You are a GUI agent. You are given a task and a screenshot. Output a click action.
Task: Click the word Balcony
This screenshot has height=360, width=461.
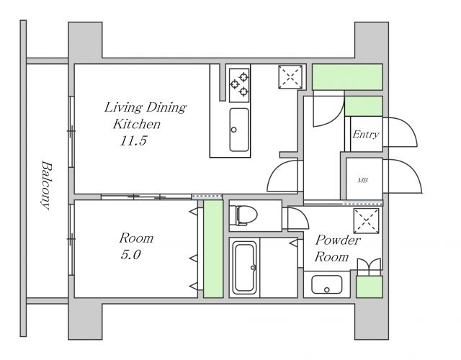pyautogui.click(x=46, y=185)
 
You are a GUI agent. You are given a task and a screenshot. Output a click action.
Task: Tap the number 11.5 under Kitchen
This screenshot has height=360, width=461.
pyautogui.click(x=133, y=141)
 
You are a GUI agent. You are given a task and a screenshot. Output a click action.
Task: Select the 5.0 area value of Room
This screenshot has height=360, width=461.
pyautogui.click(x=130, y=254)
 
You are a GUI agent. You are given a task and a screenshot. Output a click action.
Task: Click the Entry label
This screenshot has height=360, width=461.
pyautogui.click(x=365, y=135)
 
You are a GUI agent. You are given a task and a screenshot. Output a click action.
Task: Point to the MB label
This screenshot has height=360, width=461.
pyautogui.click(x=362, y=180)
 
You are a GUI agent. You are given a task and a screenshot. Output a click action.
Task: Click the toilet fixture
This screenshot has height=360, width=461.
pyautogui.click(x=243, y=215)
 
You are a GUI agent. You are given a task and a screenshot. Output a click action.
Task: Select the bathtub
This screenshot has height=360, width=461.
pyautogui.click(x=245, y=268)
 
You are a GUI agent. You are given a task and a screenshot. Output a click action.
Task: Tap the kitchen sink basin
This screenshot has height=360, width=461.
pyautogui.click(x=239, y=130)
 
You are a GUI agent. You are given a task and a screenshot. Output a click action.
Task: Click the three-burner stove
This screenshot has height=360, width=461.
pyautogui.click(x=239, y=85)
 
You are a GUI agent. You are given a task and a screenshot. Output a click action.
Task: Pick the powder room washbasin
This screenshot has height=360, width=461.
pyautogui.click(x=326, y=284)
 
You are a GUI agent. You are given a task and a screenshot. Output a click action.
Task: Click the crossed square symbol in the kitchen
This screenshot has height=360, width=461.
pyautogui.click(x=290, y=77)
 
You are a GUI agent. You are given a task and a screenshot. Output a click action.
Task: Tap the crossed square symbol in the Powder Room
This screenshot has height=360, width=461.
pyautogui.click(x=366, y=221)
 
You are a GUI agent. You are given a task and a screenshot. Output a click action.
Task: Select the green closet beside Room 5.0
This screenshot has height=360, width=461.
pyautogui.click(x=213, y=248)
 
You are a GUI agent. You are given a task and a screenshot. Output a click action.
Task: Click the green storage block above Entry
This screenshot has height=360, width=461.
pyautogui.click(x=363, y=106)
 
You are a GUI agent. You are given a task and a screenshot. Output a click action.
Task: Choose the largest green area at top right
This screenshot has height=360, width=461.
pyautogui.click(x=347, y=77)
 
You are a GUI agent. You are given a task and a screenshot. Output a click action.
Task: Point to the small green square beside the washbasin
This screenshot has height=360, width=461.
pyautogui.click(x=370, y=287)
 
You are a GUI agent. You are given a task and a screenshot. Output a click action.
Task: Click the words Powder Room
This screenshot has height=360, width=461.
pyautogui.click(x=337, y=248)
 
